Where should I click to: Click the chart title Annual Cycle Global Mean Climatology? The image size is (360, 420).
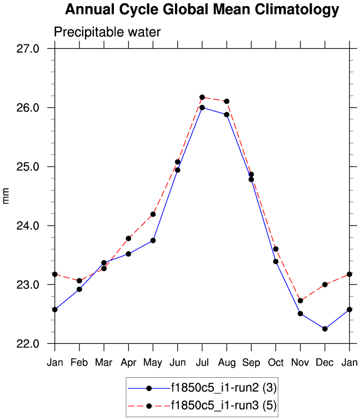(201, 9)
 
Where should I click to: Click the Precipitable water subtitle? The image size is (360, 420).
(107, 32)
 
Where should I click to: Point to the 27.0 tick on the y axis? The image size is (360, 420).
(27, 48)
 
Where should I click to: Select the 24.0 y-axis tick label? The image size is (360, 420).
(27, 226)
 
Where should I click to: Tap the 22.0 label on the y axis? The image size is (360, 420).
(27, 344)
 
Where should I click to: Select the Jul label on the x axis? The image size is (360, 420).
(202, 362)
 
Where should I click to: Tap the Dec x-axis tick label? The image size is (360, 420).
(324, 362)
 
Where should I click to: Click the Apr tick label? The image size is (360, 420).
(128, 362)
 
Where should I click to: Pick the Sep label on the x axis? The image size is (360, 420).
(251, 362)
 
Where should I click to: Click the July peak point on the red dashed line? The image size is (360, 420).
(202, 97)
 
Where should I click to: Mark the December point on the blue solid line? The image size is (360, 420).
(324, 329)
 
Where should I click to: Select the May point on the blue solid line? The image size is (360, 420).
(153, 241)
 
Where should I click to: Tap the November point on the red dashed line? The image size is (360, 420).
(300, 301)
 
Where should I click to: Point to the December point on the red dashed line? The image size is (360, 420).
(324, 284)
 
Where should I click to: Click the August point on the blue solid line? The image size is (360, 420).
(227, 114)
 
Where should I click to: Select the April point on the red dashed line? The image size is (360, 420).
(128, 238)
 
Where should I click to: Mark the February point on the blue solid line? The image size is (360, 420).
(79, 289)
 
